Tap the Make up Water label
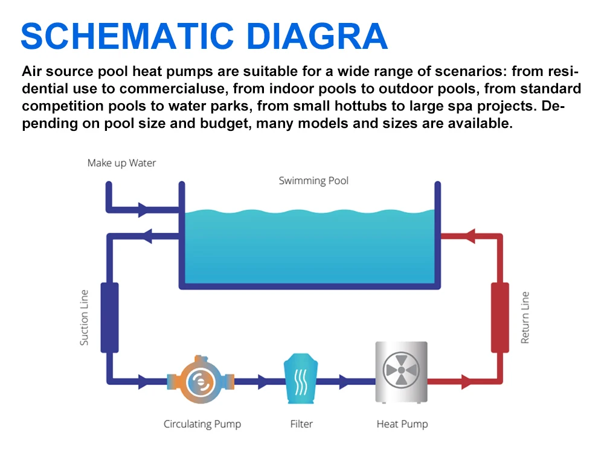tap(121, 163)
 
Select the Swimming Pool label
tap(313, 180)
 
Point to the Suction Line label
tap(85, 318)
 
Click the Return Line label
tap(525, 318)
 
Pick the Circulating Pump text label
tap(202, 424)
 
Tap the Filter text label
tap(301, 424)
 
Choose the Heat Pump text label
tap(402, 424)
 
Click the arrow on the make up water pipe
tap(144, 211)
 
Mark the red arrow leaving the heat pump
tap(465, 381)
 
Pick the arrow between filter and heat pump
tap(344, 381)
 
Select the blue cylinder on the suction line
tap(109, 317)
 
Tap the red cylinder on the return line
tap(500, 317)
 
